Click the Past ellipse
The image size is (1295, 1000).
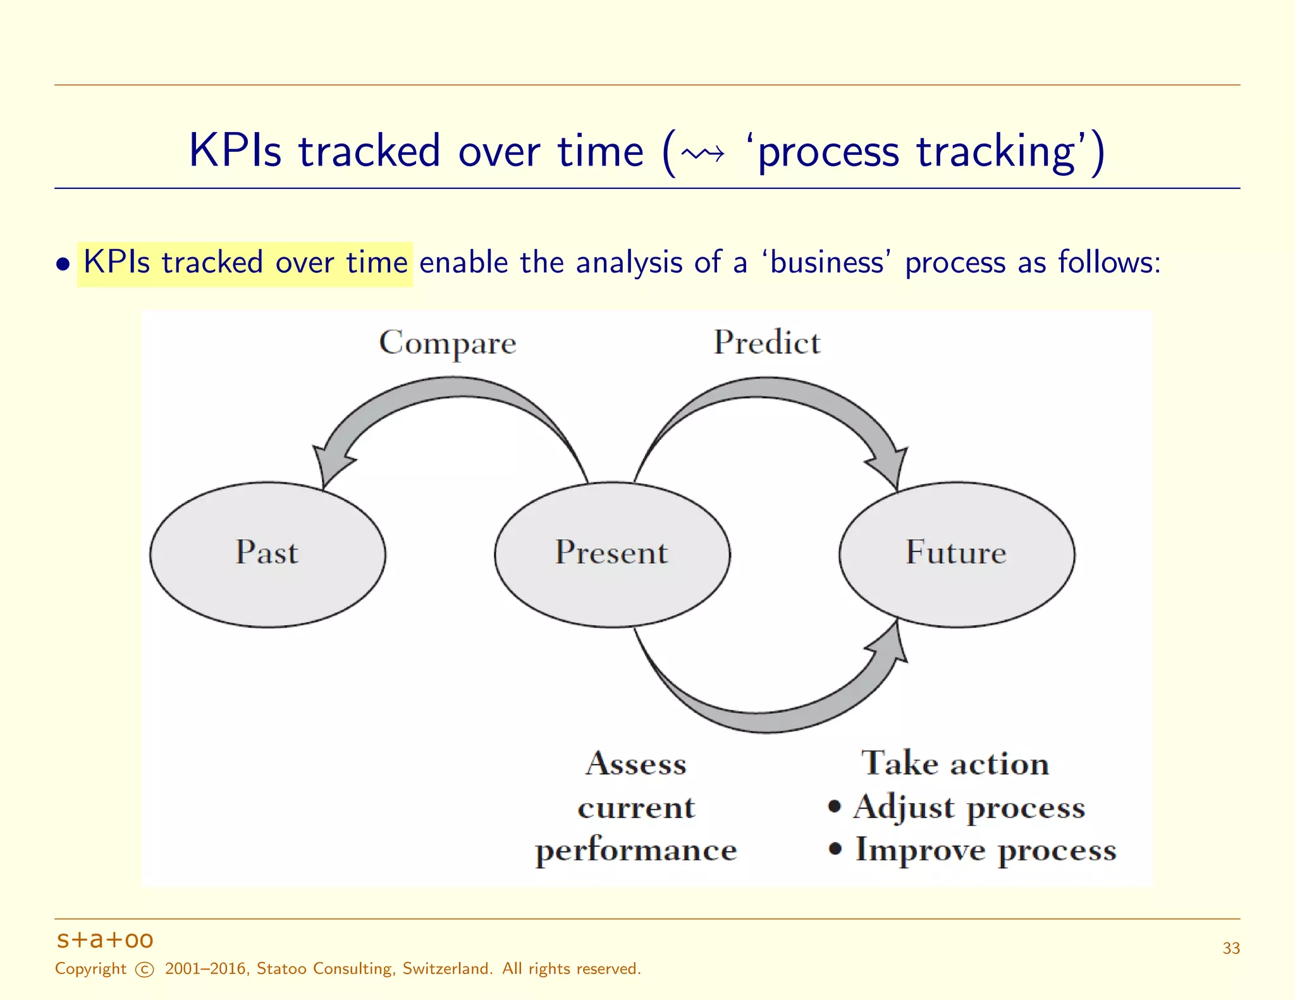tap(267, 554)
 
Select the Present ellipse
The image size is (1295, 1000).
tap(612, 554)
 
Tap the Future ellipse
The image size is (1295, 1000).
tap(957, 554)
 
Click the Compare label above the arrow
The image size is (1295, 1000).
tap(448, 343)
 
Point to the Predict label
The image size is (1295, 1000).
tap(767, 342)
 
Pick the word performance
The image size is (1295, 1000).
tap(636, 850)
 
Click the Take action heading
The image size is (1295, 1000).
tap(955, 763)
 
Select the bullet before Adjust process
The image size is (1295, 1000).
tap(835, 807)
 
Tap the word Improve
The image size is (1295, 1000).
tap(920, 849)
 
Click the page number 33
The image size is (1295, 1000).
tap(1231, 948)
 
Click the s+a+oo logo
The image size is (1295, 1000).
tap(105, 940)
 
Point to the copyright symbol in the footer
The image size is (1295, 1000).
tap(145, 970)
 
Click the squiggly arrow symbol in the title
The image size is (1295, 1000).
tap(703, 154)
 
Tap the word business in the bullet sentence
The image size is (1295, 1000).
tap(826, 262)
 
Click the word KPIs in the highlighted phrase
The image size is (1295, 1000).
tap(117, 262)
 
